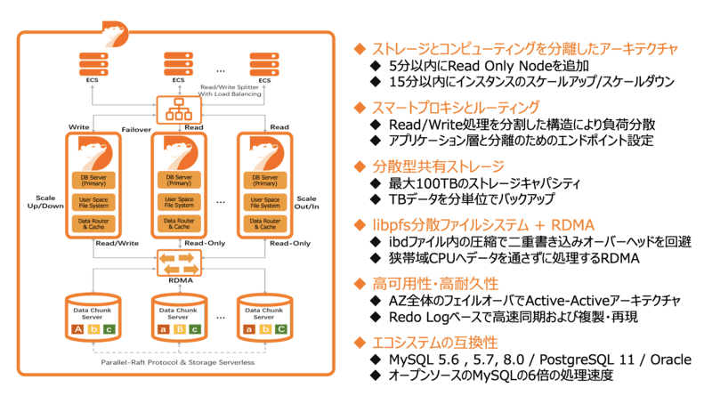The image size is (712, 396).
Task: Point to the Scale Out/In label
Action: pyautogui.click(x=307, y=204)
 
